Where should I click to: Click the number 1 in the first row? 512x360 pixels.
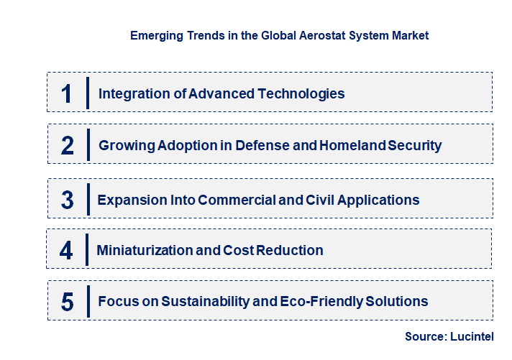pyautogui.click(x=66, y=93)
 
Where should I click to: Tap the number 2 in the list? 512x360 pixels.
pyautogui.click(x=68, y=146)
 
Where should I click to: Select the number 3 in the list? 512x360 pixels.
pyautogui.click(x=67, y=200)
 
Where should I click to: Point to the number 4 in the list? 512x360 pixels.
pyautogui.click(x=66, y=251)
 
